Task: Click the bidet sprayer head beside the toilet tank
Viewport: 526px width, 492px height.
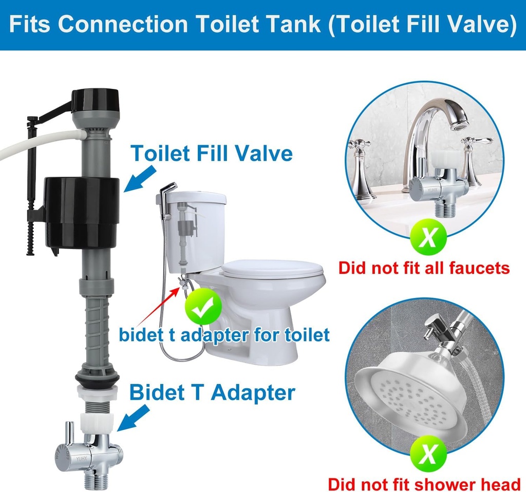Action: pyautogui.click(x=166, y=193)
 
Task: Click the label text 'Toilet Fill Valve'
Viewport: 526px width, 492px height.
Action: pyautogui.click(x=212, y=154)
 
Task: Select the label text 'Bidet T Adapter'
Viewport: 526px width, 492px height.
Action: pyautogui.click(x=212, y=392)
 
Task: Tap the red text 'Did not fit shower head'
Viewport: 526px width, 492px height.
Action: pyautogui.click(x=424, y=484)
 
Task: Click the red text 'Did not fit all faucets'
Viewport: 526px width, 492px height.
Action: pyautogui.click(x=424, y=268)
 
